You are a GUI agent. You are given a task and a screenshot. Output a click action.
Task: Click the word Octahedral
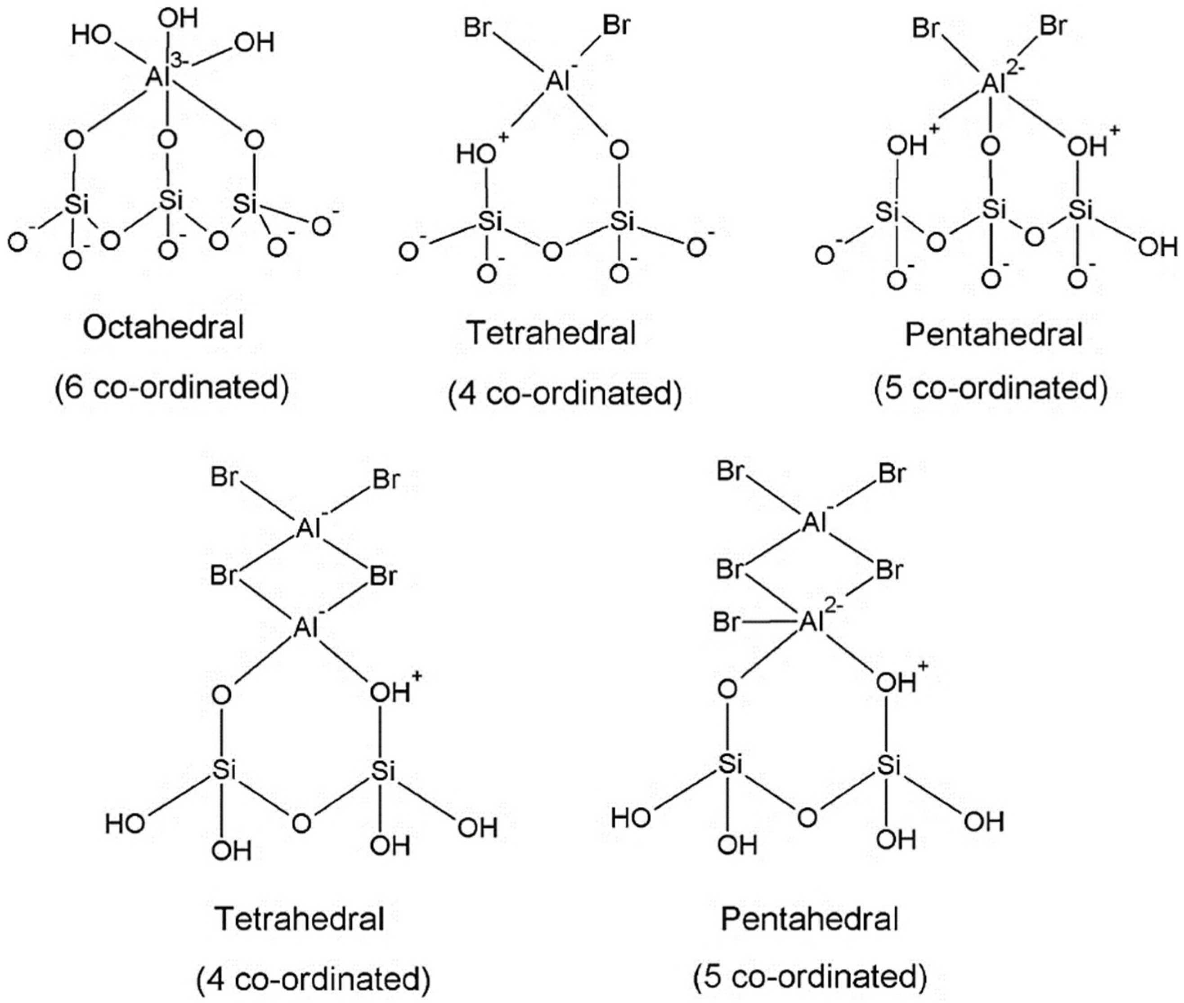click(163, 328)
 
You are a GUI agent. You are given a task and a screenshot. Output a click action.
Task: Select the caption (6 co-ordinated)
click(172, 388)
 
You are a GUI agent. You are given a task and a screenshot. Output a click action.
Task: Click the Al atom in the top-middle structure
click(557, 81)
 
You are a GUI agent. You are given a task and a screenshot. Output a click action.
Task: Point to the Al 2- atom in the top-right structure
click(992, 84)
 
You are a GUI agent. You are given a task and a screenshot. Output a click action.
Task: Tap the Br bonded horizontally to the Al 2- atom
click(726, 623)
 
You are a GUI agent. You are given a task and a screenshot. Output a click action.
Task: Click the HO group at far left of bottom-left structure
click(125, 823)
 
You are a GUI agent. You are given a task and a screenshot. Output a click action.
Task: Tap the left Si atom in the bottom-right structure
click(729, 765)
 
